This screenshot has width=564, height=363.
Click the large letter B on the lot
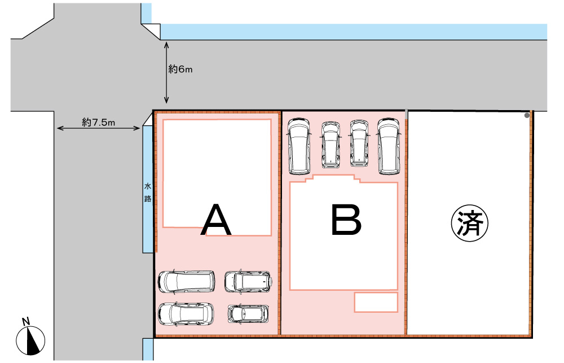tap(346, 220)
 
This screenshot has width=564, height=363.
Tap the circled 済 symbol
tap(470, 223)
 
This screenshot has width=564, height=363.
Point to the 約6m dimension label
tap(180, 69)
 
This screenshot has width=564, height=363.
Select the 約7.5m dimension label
tap(99, 123)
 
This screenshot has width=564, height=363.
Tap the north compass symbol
tap(30, 340)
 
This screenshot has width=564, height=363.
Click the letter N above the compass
tap(25, 321)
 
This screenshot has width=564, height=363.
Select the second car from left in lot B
tap(331, 145)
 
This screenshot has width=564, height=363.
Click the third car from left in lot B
tap(359, 143)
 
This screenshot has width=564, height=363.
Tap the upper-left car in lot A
tap(187, 281)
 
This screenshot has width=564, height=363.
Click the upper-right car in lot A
tap(248, 281)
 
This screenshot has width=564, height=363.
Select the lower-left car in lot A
tap(186, 314)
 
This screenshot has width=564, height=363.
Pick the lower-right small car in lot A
tap(248, 314)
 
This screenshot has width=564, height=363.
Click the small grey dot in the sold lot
tap(527, 116)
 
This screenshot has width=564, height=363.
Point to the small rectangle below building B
tap(376, 302)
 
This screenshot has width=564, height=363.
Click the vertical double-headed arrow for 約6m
tap(166, 73)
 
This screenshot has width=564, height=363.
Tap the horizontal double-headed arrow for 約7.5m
tap(99, 128)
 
